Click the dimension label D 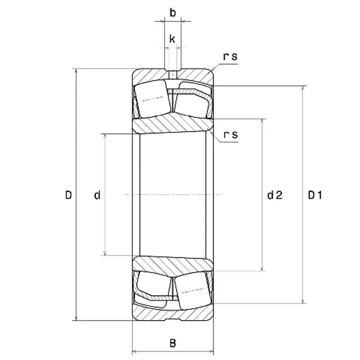pyautogui.click(x=68, y=195)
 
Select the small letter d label pyautogui.click(x=97, y=195)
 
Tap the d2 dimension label pyautogui.click(x=275, y=195)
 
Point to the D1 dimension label pyautogui.click(x=316, y=195)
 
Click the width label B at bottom pyautogui.click(x=173, y=343)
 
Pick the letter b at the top pyautogui.click(x=173, y=12)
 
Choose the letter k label pyautogui.click(x=173, y=40)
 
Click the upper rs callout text pyautogui.click(x=230, y=57)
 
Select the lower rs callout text pyautogui.click(x=230, y=134)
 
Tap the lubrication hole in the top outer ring pyautogui.click(x=173, y=74)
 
